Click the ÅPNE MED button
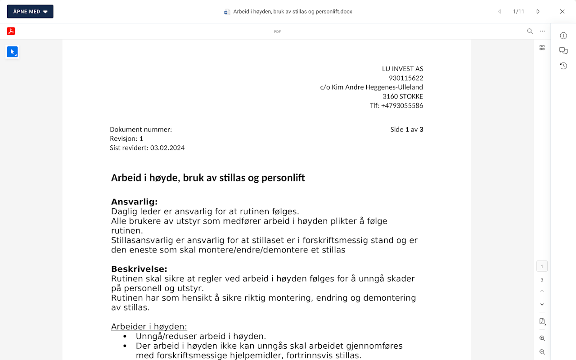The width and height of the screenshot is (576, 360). [x=30, y=12]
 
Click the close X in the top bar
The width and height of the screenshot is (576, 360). [x=562, y=12]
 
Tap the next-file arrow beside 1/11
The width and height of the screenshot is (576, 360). [x=538, y=12]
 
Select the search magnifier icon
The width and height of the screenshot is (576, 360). [x=530, y=31]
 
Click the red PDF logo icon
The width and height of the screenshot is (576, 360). [x=11, y=31]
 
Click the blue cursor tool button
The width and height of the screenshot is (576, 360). [x=12, y=52]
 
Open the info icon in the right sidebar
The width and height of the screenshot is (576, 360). [x=563, y=36]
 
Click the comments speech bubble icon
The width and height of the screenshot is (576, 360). [x=563, y=51]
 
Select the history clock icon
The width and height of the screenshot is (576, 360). [x=563, y=66]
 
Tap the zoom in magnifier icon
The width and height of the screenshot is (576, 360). [x=542, y=338]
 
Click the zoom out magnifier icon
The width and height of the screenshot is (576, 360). [x=542, y=352]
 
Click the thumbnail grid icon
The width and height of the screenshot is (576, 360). [x=542, y=48]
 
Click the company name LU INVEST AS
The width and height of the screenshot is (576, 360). [x=402, y=69]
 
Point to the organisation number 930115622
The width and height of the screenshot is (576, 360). [x=406, y=78]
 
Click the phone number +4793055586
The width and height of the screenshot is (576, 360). [x=402, y=106]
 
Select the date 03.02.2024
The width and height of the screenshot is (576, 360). [x=167, y=148]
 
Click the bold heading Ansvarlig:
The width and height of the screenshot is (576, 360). [x=134, y=202]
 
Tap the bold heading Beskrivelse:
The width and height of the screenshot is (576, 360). [x=139, y=269]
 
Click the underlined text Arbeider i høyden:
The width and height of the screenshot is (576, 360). [x=149, y=327]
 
